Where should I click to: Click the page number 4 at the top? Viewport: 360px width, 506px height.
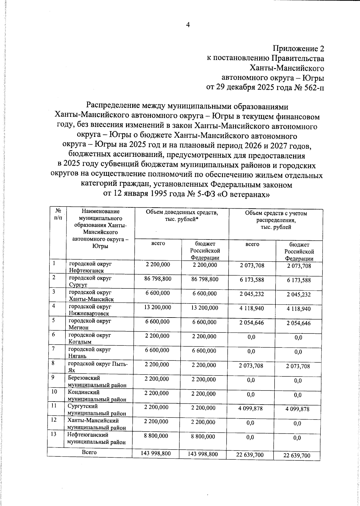pyautogui.click(x=188, y=25)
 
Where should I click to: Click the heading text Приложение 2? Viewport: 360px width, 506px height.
pyautogui.click(x=298, y=49)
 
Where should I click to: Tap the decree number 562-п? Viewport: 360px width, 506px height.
pyautogui.click(x=314, y=87)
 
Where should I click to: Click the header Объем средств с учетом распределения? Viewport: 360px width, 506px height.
pyautogui.click(x=276, y=220)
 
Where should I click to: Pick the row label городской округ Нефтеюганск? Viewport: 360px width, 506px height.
pyautogui.click(x=90, y=267)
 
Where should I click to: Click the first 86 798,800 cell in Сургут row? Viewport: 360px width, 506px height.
pyautogui.click(x=158, y=279)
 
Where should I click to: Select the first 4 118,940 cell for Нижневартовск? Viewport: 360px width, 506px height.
pyautogui.click(x=252, y=308)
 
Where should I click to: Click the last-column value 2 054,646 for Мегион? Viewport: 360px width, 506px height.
pyautogui.click(x=298, y=323)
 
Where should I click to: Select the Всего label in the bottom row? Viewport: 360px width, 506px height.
pyautogui.click(x=89, y=452)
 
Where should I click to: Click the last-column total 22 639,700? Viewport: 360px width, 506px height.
pyautogui.click(x=297, y=456)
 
